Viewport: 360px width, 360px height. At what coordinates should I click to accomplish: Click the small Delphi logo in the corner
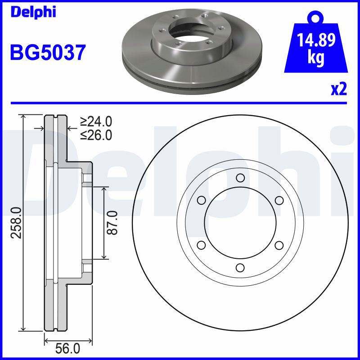(33, 13)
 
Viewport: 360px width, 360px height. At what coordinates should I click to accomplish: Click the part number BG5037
(48, 53)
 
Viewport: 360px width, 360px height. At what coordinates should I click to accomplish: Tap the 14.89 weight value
(316, 40)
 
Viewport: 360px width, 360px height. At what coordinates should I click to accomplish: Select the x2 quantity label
(339, 90)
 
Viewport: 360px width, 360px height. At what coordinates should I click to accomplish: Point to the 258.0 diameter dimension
(17, 222)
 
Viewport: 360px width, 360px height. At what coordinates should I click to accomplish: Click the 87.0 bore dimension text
(112, 223)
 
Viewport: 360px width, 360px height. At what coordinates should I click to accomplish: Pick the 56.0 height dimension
(68, 348)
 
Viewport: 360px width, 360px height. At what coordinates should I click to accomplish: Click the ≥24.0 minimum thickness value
(96, 121)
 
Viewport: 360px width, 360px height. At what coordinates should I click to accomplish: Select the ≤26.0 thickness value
(96, 135)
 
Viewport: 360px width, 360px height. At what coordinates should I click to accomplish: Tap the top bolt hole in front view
(240, 178)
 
